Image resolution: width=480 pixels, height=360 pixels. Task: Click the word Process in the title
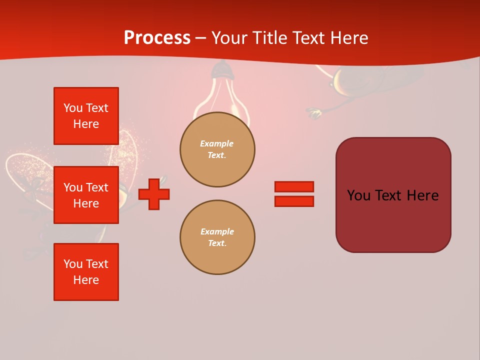(x=157, y=38)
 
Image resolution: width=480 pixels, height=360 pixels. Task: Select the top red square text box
(x=86, y=116)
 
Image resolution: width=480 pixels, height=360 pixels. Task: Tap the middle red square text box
(x=86, y=195)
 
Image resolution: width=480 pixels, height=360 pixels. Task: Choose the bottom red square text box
(x=86, y=271)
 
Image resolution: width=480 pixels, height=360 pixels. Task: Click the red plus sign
(x=154, y=194)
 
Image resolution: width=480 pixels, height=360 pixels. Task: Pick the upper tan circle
(x=217, y=149)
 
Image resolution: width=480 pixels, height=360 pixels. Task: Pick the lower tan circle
(x=217, y=237)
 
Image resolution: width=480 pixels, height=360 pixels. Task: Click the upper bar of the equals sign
(x=294, y=187)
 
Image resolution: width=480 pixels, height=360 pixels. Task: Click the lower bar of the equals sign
(x=294, y=201)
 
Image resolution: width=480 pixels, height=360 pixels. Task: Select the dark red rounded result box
(x=393, y=220)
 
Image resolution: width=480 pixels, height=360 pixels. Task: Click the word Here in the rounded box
(x=422, y=195)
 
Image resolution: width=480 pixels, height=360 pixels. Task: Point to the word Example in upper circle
(x=216, y=143)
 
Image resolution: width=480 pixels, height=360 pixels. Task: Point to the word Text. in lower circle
(x=217, y=243)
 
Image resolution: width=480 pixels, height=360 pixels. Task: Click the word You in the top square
(x=73, y=108)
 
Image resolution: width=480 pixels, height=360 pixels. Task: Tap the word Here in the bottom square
(x=86, y=280)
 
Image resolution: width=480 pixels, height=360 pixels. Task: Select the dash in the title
(x=200, y=38)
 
